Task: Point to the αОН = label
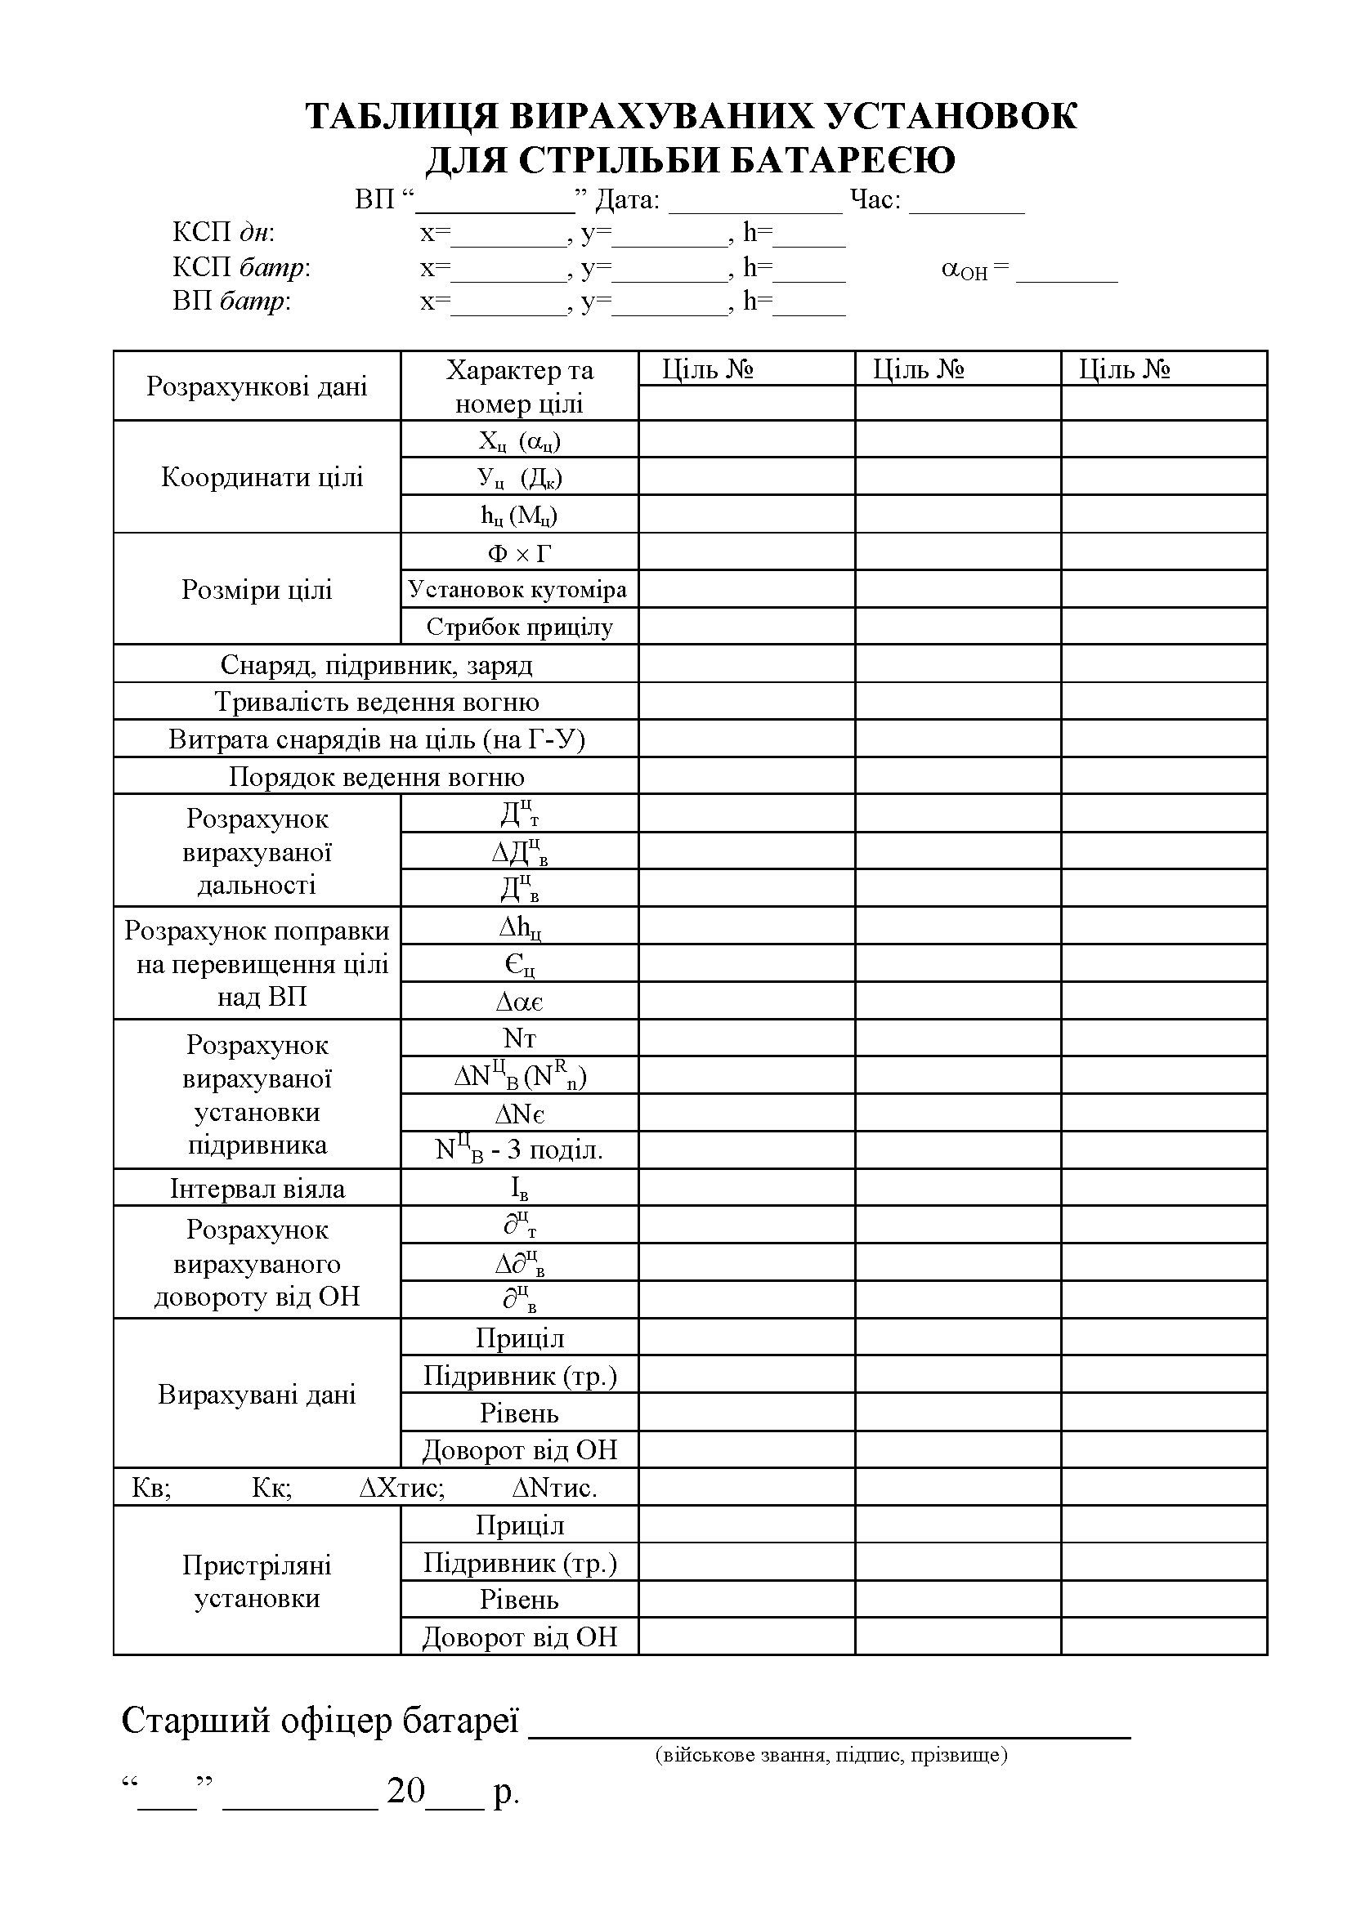click(x=975, y=269)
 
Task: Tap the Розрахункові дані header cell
click(x=257, y=386)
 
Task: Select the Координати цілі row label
click(x=262, y=477)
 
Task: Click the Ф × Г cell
click(x=519, y=552)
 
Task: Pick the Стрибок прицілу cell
click(x=519, y=627)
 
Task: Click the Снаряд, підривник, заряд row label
click(x=376, y=664)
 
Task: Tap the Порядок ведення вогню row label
click(x=376, y=776)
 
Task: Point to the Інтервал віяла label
click(x=257, y=1188)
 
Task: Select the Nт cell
click(x=519, y=1038)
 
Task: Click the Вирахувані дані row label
click(x=257, y=1394)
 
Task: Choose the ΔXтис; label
click(x=402, y=1487)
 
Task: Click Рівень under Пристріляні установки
click(x=519, y=1600)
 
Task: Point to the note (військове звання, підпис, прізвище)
click(x=830, y=1755)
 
